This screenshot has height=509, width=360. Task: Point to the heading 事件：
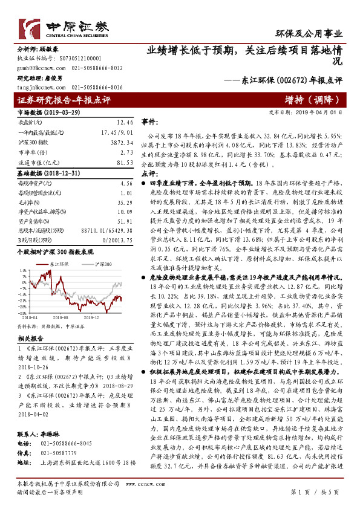point(150,122)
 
